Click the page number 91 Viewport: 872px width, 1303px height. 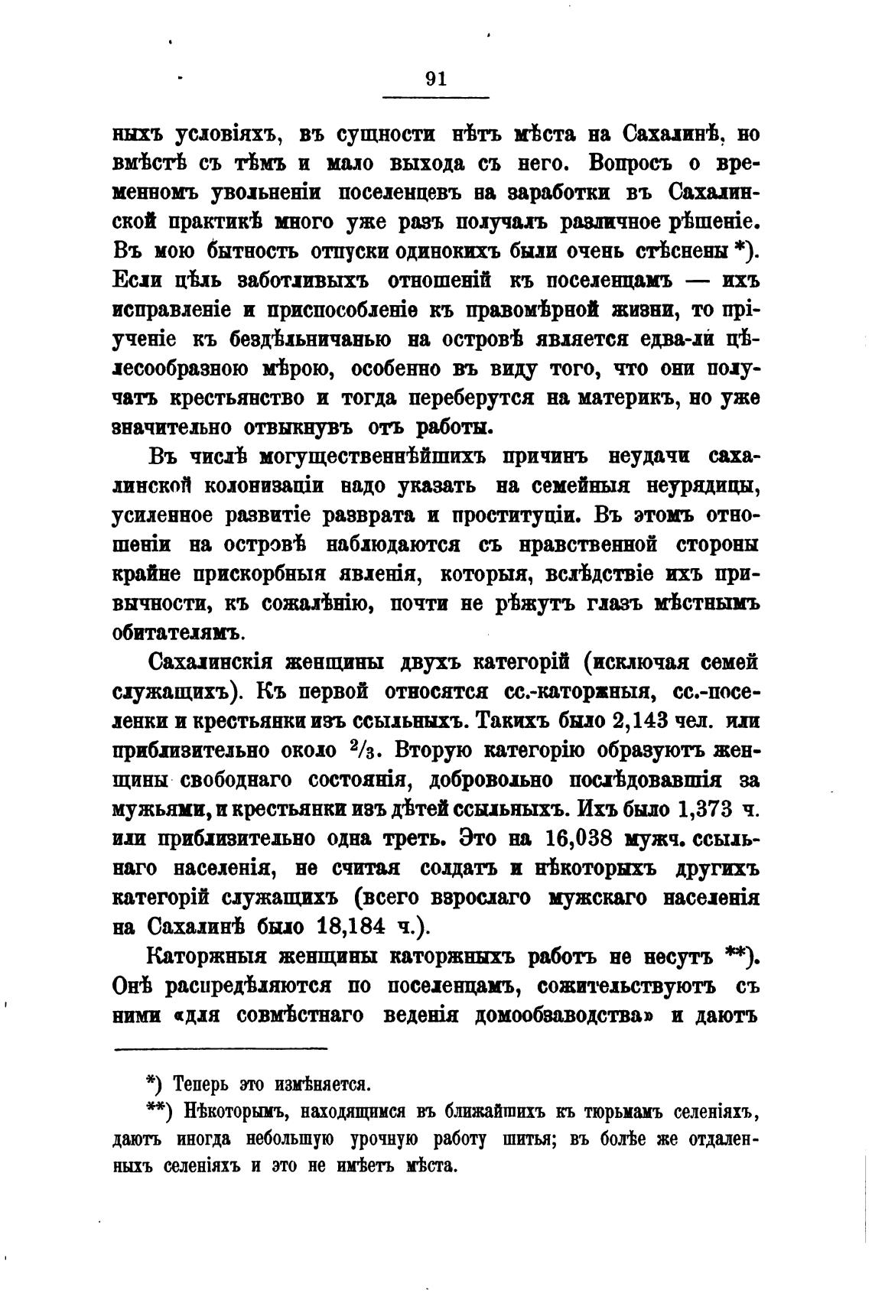[434, 80]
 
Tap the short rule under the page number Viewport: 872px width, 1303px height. [434, 97]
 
